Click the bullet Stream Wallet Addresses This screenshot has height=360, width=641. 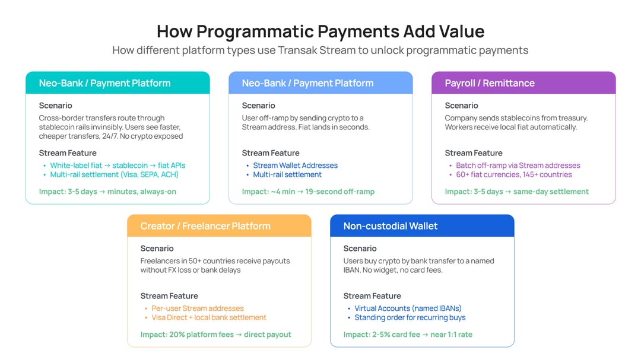pos(295,165)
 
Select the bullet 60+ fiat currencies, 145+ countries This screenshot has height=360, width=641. pos(513,174)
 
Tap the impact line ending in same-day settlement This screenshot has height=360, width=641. pos(516,192)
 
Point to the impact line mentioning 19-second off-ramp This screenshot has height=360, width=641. pos(308,192)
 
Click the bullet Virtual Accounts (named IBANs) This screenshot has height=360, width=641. pos(408,308)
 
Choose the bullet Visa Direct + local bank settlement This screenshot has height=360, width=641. pos(209,317)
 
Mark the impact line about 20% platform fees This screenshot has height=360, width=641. pos(215,334)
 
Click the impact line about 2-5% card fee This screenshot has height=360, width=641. pos(408,334)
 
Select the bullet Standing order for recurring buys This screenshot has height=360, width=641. pos(409,317)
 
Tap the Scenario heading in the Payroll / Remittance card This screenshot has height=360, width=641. pos(461,106)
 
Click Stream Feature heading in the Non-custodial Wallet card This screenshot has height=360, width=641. pos(372,296)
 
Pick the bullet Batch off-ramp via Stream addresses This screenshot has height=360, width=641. pos(518,165)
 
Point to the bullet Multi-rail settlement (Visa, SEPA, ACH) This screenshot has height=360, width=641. pos(114,174)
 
